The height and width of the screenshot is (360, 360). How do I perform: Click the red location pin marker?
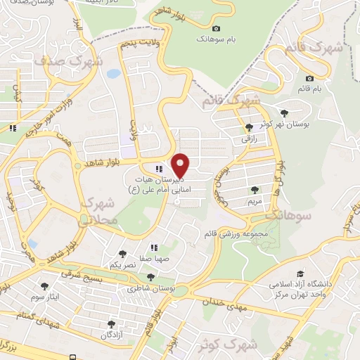pyautogui.click(x=181, y=166)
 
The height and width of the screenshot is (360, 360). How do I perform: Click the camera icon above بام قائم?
pyautogui.click(x=310, y=78)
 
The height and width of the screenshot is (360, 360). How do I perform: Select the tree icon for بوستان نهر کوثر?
pyautogui.click(x=283, y=113)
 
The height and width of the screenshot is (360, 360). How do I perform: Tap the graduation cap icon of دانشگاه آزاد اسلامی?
pyautogui.click(x=300, y=274)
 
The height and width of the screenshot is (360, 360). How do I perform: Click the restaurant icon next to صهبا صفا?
pyautogui.click(x=153, y=247)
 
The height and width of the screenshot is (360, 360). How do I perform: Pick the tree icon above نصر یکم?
pyautogui.click(x=123, y=254)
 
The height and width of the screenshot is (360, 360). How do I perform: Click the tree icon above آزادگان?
pyautogui.click(x=110, y=324)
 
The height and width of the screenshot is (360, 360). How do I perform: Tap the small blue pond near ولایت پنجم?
pyautogui.click(x=113, y=73)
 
